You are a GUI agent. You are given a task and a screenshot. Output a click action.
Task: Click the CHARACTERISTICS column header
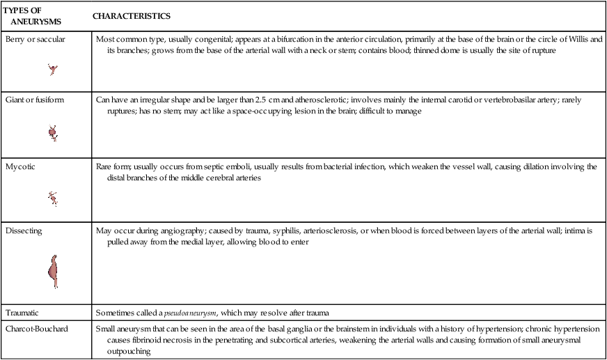[132, 15]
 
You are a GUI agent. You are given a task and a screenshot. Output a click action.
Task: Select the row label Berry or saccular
[35, 40]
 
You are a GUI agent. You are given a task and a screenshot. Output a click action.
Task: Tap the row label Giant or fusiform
[35, 100]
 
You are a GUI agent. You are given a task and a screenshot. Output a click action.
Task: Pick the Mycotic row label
[19, 167]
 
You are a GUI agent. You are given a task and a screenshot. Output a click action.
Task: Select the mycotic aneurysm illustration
[52, 198]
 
